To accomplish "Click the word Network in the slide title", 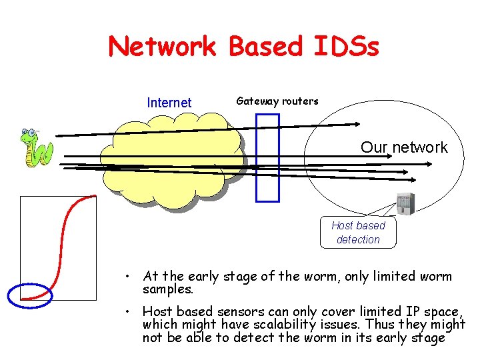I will (x=163, y=46).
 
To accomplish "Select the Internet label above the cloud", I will (x=169, y=103).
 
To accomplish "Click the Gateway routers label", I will (x=277, y=101).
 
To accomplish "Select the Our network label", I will (x=404, y=147).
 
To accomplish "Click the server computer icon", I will (x=405, y=204).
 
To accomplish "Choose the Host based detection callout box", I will (x=358, y=233).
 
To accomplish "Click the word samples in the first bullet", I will (x=167, y=290).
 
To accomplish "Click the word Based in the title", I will (x=265, y=46).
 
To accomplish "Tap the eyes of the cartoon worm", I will (x=28, y=133).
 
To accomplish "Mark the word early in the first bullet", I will (x=205, y=276).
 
